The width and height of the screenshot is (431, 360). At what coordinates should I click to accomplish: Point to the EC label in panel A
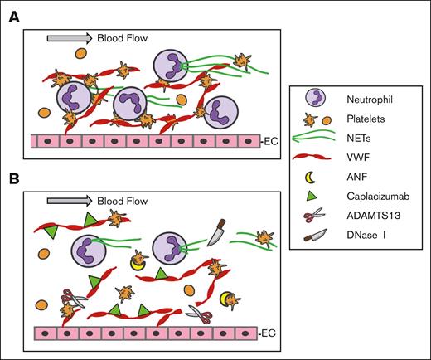[x=268, y=142]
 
